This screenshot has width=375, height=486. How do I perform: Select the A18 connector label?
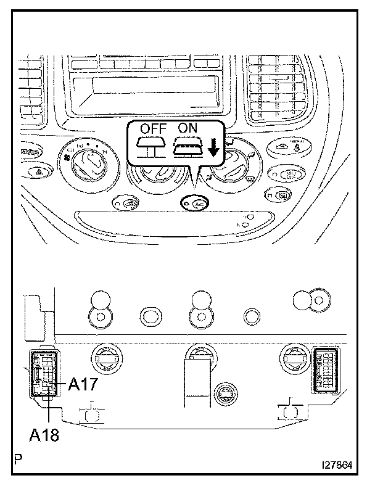pos(45,435)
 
